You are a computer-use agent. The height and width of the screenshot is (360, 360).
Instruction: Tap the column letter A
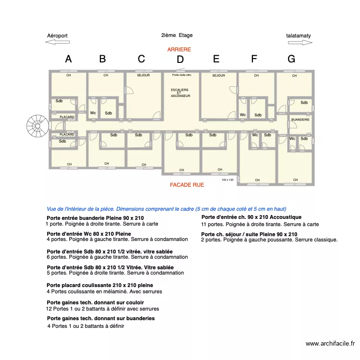(68, 59)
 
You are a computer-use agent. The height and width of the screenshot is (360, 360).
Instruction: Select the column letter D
(180, 60)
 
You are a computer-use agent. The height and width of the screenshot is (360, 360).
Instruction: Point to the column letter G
(291, 59)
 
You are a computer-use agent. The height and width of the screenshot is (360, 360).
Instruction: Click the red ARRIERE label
(179, 49)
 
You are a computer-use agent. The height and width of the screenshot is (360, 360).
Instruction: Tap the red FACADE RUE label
(187, 185)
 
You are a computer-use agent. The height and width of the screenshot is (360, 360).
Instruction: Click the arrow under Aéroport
(58, 42)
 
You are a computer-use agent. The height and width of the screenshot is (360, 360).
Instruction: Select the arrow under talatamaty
(300, 42)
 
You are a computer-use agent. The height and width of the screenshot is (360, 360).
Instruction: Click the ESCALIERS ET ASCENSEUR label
(180, 93)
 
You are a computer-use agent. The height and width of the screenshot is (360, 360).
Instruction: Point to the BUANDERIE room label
(300, 119)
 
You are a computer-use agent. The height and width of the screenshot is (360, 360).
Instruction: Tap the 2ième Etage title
(177, 35)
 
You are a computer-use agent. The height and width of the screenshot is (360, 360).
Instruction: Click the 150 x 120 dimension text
(228, 180)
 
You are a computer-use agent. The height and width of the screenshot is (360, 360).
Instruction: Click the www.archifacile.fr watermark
(330, 343)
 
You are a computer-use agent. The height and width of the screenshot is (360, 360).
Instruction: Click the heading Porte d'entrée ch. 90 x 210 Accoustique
(251, 217)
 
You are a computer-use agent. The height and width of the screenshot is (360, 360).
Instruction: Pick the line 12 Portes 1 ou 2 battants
(103, 309)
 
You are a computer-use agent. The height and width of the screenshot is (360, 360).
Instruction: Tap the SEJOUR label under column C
(144, 75)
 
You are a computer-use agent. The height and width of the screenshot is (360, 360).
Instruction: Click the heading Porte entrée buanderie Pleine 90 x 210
(95, 218)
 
